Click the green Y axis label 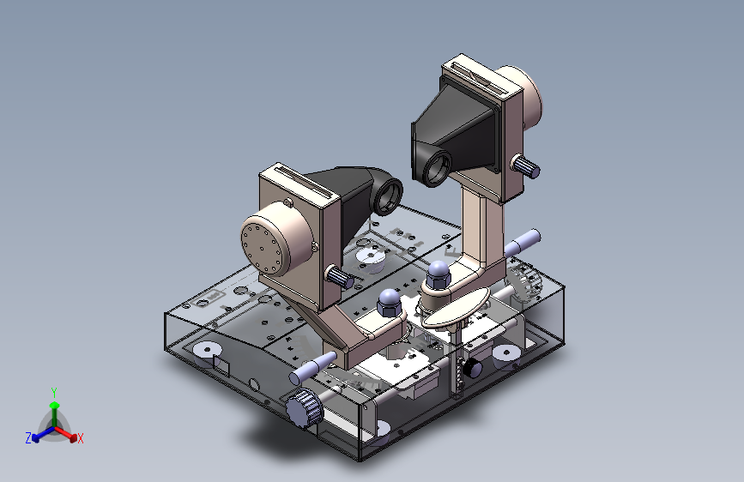[x=54, y=393]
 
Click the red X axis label [x=80, y=439]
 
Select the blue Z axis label [x=28, y=438]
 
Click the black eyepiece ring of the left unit [x=388, y=195]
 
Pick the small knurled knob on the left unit [x=339, y=276]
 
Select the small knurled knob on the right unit [x=525, y=166]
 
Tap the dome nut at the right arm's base [x=438, y=274]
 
